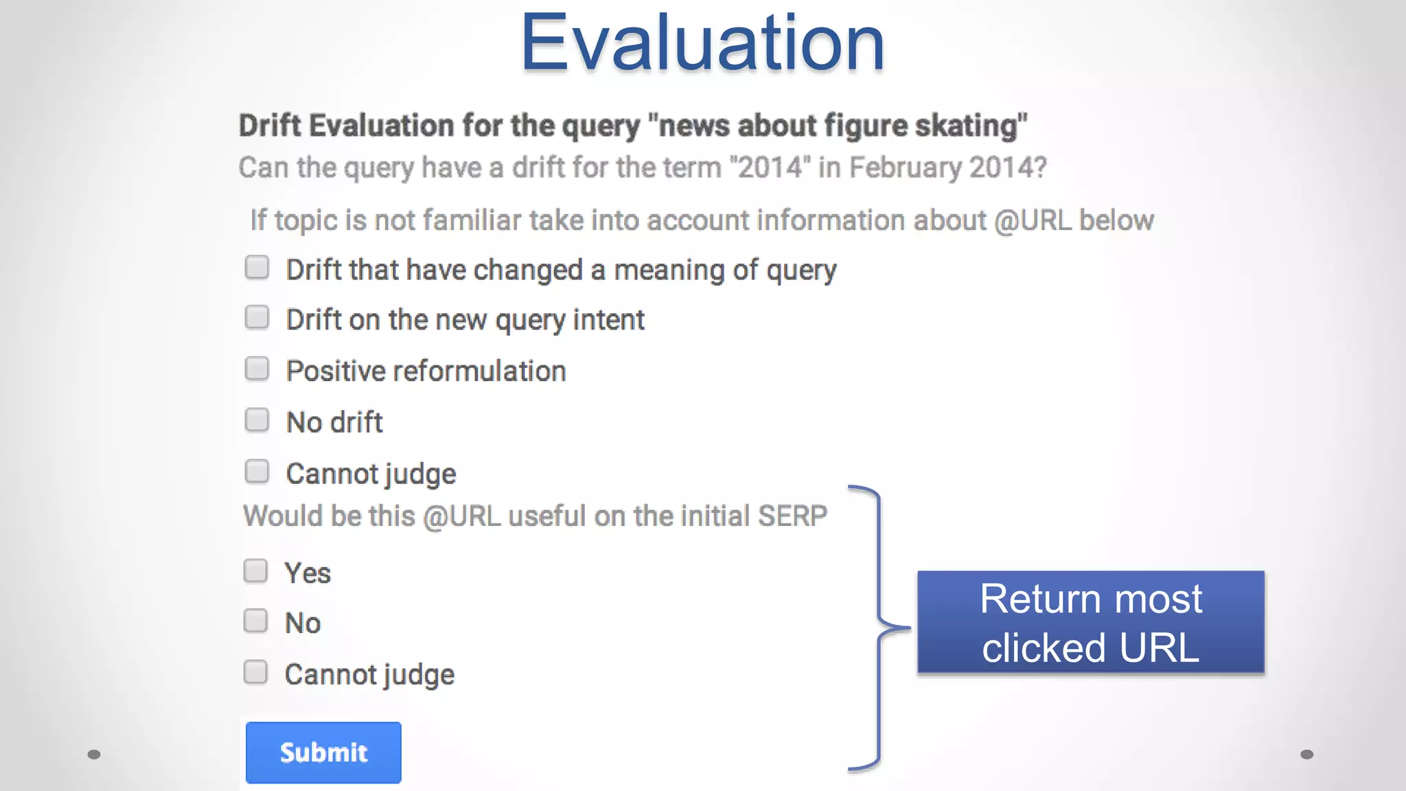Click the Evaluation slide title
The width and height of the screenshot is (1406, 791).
click(702, 43)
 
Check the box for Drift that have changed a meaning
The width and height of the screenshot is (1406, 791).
click(257, 267)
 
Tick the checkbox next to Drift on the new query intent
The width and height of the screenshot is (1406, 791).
click(257, 318)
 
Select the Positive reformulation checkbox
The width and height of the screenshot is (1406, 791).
click(257, 369)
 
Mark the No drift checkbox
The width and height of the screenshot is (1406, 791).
click(257, 420)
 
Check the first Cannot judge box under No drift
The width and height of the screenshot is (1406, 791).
click(257, 471)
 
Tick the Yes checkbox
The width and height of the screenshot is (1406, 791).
click(255, 571)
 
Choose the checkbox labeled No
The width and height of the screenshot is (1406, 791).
click(255, 621)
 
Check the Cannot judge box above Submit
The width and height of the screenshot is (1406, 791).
click(255, 672)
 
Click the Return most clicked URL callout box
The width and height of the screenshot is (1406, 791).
click(1090, 622)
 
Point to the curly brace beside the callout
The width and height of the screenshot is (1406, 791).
click(879, 628)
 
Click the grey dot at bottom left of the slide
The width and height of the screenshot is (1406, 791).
click(94, 755)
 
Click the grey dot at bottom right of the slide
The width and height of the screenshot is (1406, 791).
click(1306, 755)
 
